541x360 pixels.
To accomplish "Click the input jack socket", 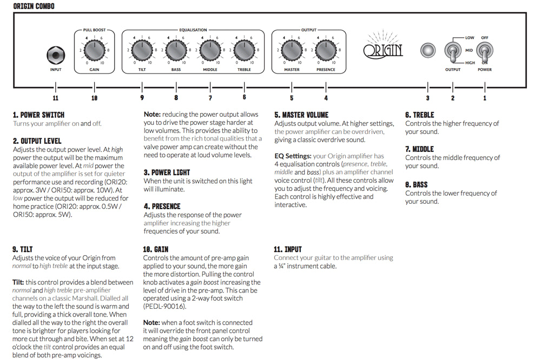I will [55, 55].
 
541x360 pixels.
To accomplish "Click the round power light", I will [428, 51].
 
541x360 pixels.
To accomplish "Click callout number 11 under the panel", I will [55, 98].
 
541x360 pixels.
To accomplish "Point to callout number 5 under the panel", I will [292, 98].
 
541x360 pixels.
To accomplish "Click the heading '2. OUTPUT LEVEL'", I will [37, 141].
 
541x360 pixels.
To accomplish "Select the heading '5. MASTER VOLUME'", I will [301, 115].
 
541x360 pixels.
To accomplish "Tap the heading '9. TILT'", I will [23, 249].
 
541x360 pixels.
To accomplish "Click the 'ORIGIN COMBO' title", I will [33, 6].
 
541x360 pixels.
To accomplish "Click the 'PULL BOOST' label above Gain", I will [94, 30].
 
